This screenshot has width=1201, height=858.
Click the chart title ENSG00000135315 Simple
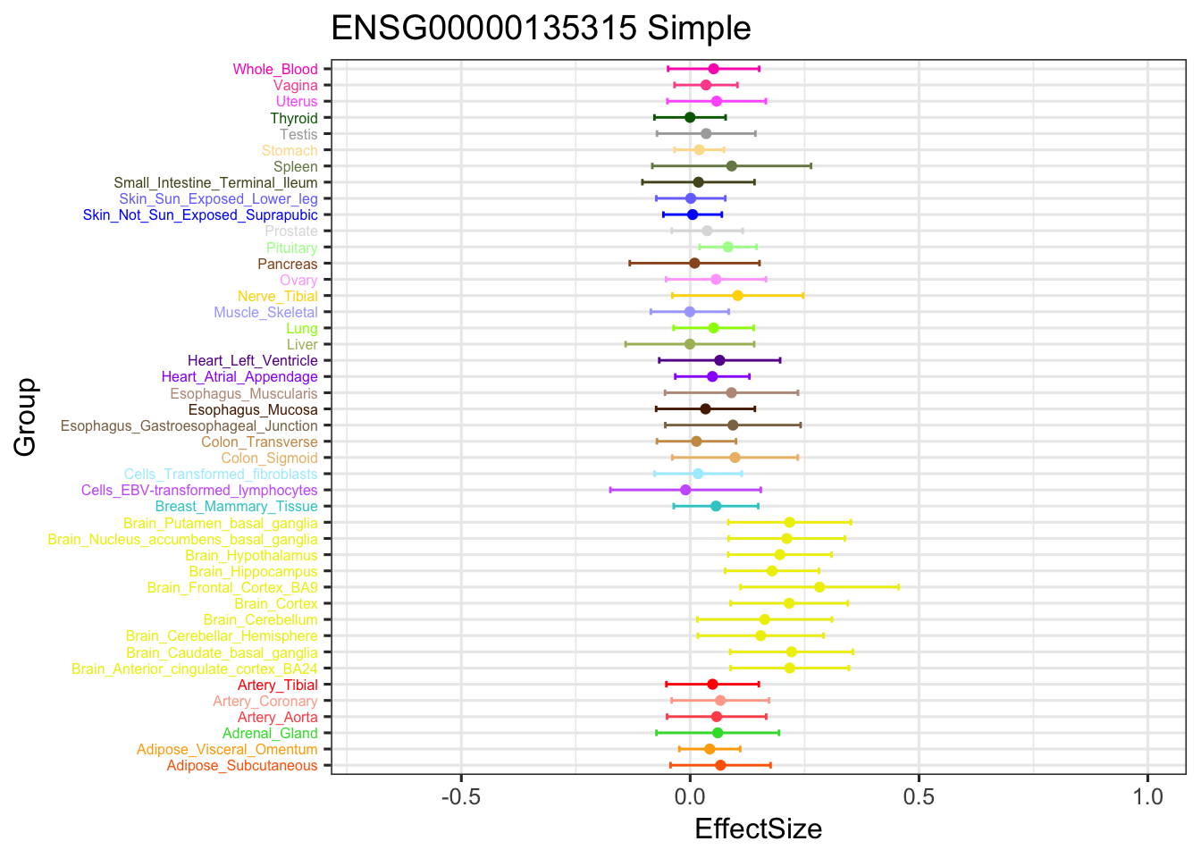(x=541, y=29)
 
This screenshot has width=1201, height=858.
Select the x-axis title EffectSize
(x=758, y=829)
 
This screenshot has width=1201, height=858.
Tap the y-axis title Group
(x=25, y=416)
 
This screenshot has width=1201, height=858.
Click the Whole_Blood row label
(x=275, y=70)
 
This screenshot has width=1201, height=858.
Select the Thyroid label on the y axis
(x=294, y=118)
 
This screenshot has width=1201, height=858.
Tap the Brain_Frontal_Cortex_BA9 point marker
(x=819, y=587)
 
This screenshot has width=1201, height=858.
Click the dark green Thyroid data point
(x=690, y=117)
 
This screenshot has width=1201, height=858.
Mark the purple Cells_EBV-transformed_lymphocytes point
(x=685, y=490)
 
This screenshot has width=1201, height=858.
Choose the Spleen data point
(x=732, y=166)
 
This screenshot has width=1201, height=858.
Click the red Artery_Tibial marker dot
(x=712, y=685)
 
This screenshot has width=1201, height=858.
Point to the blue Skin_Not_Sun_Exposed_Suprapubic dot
(x=693, y=214)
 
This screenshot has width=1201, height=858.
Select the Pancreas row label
(x=288, y=264)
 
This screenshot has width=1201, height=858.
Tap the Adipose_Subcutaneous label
(x=242, y=766)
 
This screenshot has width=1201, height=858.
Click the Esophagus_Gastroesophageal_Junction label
(x=189, y=426)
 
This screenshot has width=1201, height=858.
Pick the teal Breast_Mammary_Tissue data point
(x=716, y=506)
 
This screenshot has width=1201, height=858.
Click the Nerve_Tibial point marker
(x=737, y=296)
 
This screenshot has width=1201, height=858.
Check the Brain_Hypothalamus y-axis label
(x=251, y=556)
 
